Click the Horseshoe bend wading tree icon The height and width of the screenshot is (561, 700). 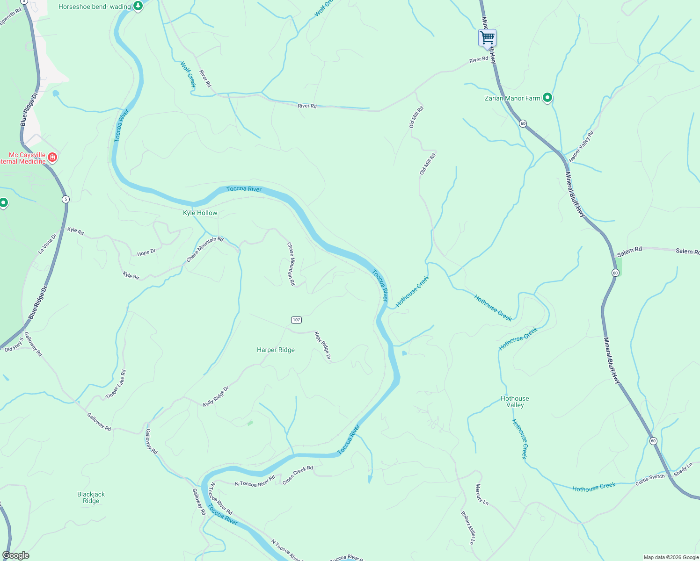(138, 6)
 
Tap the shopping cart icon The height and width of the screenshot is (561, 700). (487, 37)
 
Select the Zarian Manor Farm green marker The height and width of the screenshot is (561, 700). (547, 98)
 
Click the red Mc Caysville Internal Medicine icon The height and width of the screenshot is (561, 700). (52, 157)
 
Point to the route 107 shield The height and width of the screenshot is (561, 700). (296, 320)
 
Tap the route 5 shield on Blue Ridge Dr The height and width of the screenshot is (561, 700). (66, 199)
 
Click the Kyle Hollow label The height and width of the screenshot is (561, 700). (200, 213)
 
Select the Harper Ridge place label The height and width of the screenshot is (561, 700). (276, 350)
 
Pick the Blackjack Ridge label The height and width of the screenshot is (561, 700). (91, 497)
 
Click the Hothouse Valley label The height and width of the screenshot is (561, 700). (515, 402)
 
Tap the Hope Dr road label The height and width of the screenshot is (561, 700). (146, 252)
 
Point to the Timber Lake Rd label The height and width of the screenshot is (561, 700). (116, 384)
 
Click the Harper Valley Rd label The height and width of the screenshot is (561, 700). (581, 146)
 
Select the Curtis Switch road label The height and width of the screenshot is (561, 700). (650, 479)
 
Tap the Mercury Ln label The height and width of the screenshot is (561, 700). (482, 495)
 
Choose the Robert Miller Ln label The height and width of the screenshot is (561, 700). (468, 528)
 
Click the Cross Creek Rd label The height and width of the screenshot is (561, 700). (298, 475)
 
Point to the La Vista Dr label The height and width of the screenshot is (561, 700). (47, 244)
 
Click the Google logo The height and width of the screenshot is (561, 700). (15, 555)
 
